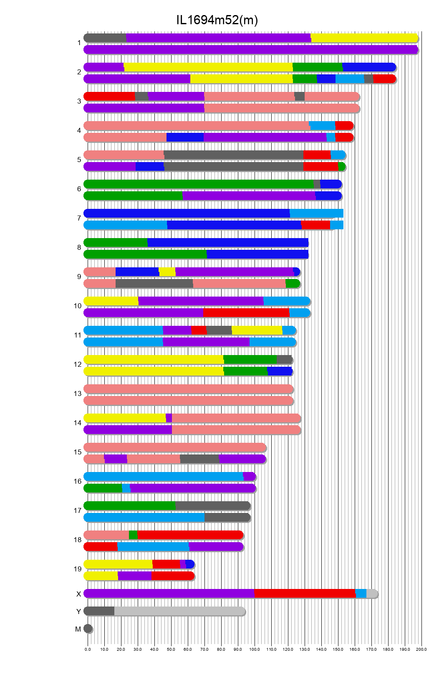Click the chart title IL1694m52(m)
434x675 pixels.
point(217,20)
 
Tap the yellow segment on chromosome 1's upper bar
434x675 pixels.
point(364,38)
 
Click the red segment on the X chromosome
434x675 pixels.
point(305,594)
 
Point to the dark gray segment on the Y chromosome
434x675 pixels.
point(99,611)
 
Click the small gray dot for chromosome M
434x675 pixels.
point(88,629)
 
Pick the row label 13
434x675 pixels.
point(78,393)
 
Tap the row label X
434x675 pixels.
point(78,594)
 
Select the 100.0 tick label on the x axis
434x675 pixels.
point(255,650)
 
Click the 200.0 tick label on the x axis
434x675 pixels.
point(421,650)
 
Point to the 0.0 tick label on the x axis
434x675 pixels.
point(88,650)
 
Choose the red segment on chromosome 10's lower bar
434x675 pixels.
point(246,313)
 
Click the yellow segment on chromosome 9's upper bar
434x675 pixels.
point(167,272)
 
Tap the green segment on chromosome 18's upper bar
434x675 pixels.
point(133,535)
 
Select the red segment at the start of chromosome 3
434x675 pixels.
point(109,96)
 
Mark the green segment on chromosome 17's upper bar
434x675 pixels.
point(130,506)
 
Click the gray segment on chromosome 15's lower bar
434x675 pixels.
point(199,459)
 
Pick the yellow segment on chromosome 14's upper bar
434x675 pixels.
point(125,418)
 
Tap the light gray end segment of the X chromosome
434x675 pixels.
point(371,594)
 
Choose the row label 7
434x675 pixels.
point(79,218)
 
